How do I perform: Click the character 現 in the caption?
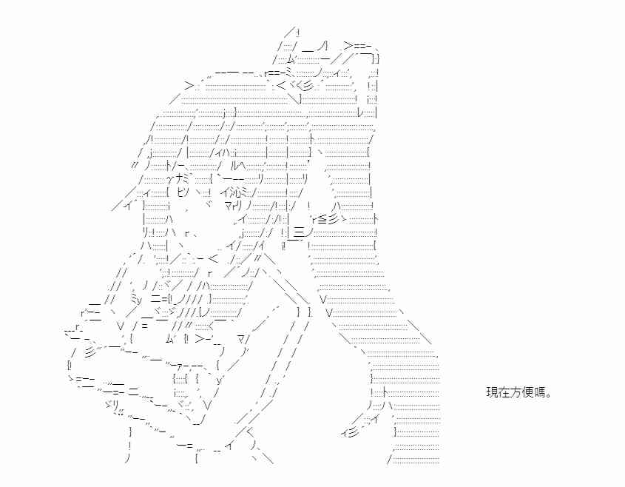(491, 392)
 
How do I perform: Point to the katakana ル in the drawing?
(234, 165)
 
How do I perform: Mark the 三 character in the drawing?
(300, 232)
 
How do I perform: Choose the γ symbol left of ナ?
(170, 179)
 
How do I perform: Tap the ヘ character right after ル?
(243, 165)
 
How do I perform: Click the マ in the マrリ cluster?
(229, 206)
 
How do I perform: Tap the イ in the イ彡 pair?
(345, 433)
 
